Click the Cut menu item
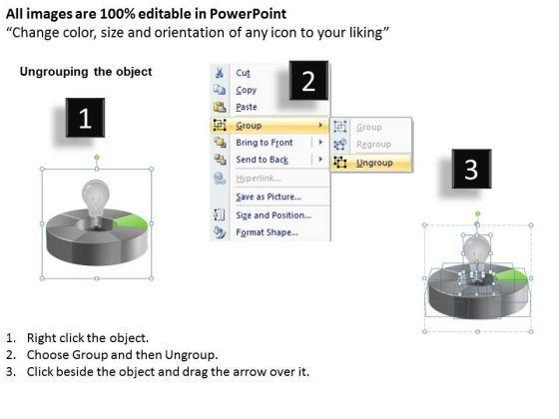[x=243, y=73]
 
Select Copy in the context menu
[x=246, y=90]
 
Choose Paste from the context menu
[x=247, y=107]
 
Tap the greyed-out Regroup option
[x=373, y=145]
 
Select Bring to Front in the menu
[x=265, y=143]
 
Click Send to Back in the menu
[x=262, y=160]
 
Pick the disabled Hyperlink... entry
[x=259, y=179]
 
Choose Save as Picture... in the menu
[x=269, y=197]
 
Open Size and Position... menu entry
[x=274, y=215]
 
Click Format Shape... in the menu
[x=267, y=232]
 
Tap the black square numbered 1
[x=85, y=118]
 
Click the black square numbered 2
[x=308, y=81]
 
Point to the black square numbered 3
[x=471, y=169]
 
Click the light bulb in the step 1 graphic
[x=95, y=204]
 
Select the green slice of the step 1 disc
[x=131, y=221]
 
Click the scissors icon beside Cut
[x=219, y=73]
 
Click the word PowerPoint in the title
[x=248, y=14]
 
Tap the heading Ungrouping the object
[x=86, y=72]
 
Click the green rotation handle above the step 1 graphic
[x=97, y=158]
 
